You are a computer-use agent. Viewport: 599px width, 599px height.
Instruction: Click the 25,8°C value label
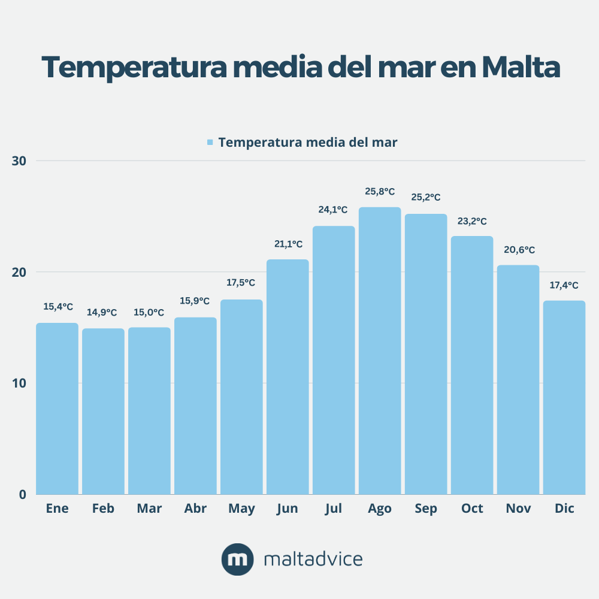(380, 192)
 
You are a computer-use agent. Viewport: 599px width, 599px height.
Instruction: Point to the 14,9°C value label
(102, 313)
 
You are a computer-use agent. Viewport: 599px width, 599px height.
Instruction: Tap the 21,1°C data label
(288, 244)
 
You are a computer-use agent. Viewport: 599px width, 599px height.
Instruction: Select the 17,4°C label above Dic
(564, 285)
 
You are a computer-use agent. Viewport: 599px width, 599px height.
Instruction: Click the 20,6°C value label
(518, 250)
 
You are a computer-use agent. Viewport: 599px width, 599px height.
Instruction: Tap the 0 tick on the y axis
(23, 495)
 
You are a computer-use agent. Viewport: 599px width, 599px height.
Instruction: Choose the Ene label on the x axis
(57, 509)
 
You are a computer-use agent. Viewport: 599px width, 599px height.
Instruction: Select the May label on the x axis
(241, 509)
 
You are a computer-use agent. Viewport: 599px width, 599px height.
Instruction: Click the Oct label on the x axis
(472, 509)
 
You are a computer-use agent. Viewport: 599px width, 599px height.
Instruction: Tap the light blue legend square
(210, 143)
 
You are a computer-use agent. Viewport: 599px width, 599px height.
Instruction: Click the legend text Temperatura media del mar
(308, 143)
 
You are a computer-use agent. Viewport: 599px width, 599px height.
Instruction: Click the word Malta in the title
(520, 68)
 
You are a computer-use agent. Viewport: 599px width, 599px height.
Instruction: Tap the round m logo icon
(237, 559)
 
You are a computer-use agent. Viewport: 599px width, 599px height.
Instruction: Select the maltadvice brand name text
(313, 559)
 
